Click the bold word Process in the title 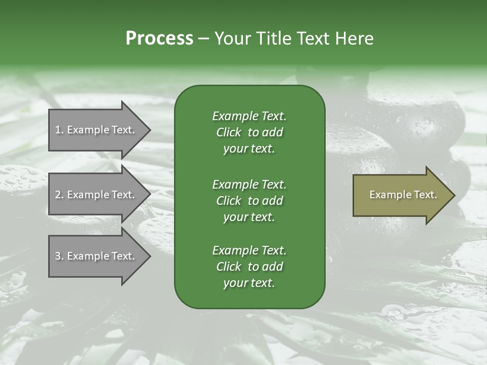(x=159, y=39)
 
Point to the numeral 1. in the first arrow (x=59, y=130)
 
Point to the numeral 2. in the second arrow (x=59, y=195)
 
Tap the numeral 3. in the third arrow (x=59, y=256)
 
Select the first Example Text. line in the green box (x=249, y=116)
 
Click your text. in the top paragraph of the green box (x=249, y=149)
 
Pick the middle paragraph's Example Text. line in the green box (x=249, y=185)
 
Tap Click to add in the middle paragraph (x=249, y=201)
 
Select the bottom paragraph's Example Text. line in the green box (x=249, y=250)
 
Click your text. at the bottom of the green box (x=249, y=283)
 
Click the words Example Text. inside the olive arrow (x=403, y=195)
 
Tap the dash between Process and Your (x=203, y=39)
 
